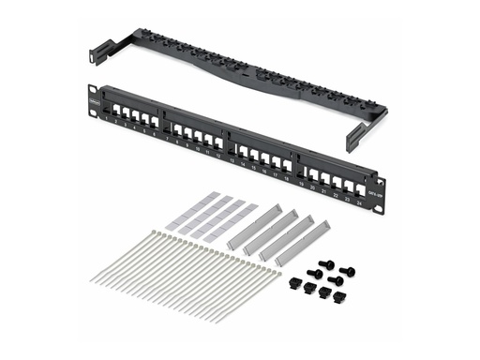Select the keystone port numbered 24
point(360,190)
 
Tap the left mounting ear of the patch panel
point(93,102)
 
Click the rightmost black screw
point(350,273)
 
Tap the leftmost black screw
point(314,274)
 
